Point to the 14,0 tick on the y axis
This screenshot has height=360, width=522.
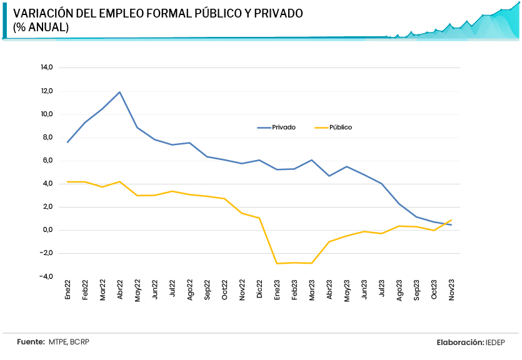pyautogui.click(x=46, y=67)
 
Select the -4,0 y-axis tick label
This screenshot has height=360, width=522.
pyautogui.click(x=46, y=276)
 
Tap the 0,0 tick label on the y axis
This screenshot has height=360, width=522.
pyautogui.click(x=48, y=230)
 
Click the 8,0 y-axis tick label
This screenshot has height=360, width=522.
pyautogui.click(x=48, y=137)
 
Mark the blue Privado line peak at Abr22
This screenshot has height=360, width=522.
pyautogui.click(x=119, y=92)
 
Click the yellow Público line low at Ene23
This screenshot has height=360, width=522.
pyautogui.click(x=276, y=263)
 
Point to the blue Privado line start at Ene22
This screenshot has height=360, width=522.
pyautogui.click(x=68, y=142)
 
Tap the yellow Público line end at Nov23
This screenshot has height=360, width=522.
pyautogui.click(x=451, y=220)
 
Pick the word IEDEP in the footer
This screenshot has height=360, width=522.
pyautogui.click(x=494, y=342)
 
